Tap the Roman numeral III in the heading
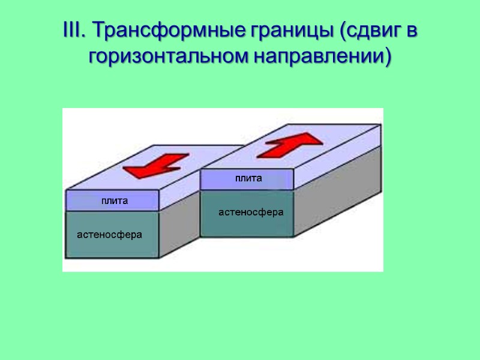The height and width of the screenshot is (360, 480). coord(73,31)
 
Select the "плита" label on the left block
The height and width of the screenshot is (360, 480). coord(114,201)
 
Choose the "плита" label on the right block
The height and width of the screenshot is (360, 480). coord(248,178)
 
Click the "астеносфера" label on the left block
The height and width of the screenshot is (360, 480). coord(110,235)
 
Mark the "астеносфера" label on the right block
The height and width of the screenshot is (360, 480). coord(251,212)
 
